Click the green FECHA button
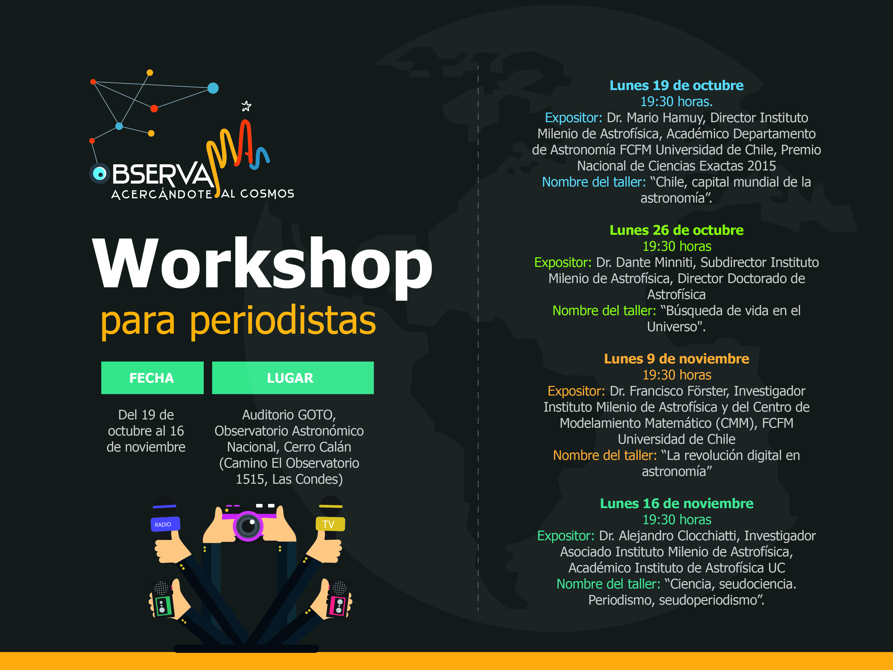(152, 378)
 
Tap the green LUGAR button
(293, 378)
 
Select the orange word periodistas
(283, 322)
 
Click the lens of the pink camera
(248, 526)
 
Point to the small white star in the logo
(246, 106)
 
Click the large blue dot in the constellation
(213, 88)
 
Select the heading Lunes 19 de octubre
(676, 85)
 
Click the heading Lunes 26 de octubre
(676, 230)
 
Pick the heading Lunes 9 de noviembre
(676, 359)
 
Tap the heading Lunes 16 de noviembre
(676, 503)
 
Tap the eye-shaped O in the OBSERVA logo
(99, 174)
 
